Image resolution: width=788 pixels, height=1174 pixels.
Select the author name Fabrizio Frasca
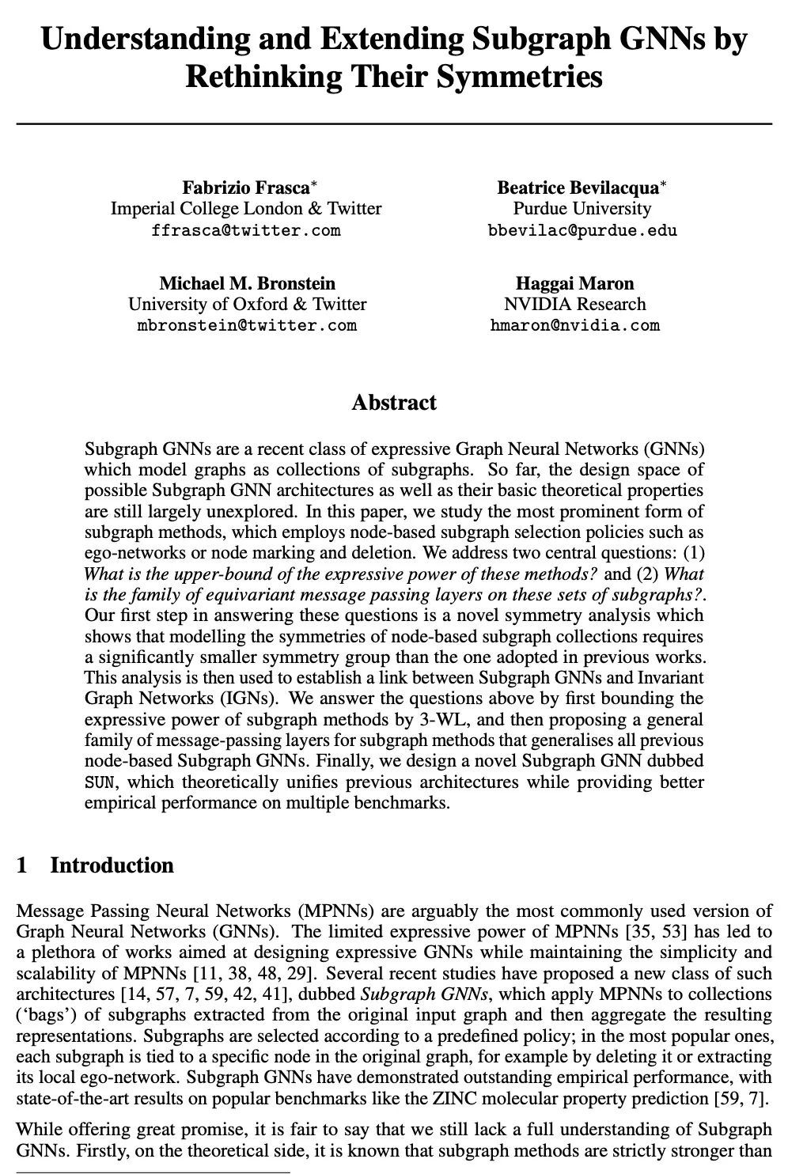click(x=246, y=187)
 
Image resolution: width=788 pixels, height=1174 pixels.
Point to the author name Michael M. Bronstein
click(x=247, y=283)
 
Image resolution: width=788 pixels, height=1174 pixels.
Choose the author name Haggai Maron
click(x=574, y=283)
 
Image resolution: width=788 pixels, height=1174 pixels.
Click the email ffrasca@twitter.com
click(x=246, y=231)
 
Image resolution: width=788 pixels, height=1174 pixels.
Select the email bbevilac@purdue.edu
click(x=582, y=231)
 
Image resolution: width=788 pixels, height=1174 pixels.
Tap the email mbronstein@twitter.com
click(x=247, y=325)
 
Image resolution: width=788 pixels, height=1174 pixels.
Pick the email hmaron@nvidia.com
click(x=574, y=325)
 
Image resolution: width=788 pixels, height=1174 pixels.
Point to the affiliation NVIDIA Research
click(x=574, y=305)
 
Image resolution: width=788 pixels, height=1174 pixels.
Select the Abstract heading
click(x=394, y=403)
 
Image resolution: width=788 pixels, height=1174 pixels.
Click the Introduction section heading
click(x=112, y=865)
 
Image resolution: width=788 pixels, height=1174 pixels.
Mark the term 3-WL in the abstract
click(x=447, y=720)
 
